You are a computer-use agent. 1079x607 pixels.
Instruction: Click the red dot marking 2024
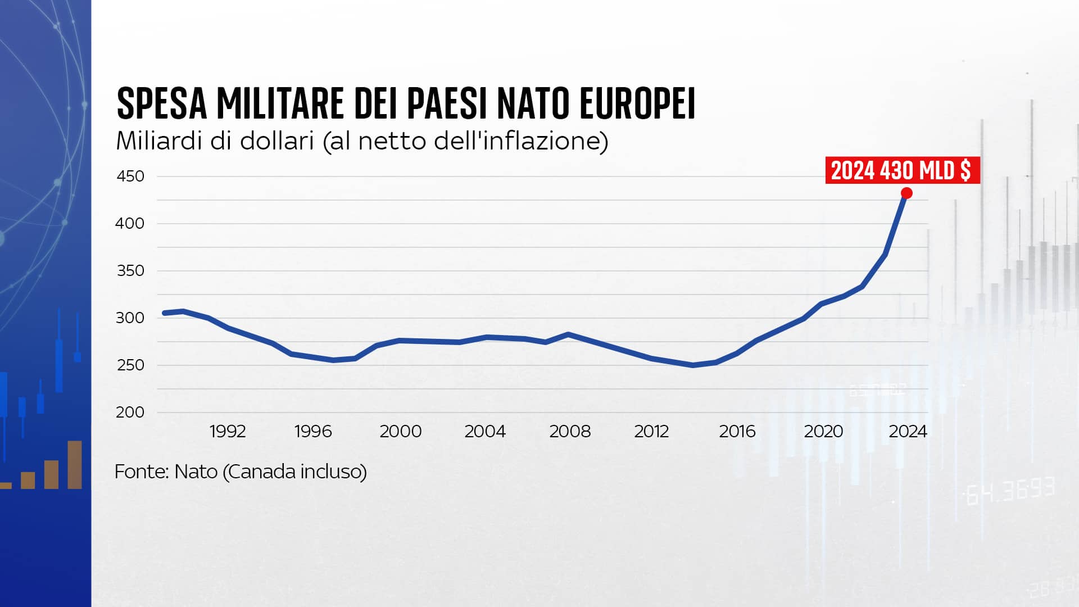pos(906,193)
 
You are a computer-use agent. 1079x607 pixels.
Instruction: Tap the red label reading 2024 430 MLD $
pos(901,170)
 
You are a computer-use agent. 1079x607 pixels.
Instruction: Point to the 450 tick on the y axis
pos(130,176)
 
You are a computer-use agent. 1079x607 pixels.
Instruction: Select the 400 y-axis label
pos(130,224)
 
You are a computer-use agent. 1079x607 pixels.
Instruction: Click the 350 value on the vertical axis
pos(130,271)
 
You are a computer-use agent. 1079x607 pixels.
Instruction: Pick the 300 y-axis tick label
pos(130,318)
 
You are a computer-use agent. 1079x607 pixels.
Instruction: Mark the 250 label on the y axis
pos(130,365)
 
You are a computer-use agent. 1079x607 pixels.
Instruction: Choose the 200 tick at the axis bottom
pos(130,413)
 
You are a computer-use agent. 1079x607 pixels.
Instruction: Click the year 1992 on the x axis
pos(228,432)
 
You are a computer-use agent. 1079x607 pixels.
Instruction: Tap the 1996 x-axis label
pos(313,432)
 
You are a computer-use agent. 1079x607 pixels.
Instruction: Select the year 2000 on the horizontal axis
pos(400,432)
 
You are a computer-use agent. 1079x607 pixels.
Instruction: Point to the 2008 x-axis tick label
pos(570,432)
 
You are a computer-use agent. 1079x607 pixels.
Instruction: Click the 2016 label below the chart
pos(737,432)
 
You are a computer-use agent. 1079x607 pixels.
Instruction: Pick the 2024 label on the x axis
pos(908,432)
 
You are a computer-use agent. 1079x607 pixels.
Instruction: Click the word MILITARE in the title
pos(279,104)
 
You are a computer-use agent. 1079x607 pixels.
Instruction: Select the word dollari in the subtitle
pos(276,141)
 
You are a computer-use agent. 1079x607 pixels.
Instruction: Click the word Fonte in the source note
pos(141,472)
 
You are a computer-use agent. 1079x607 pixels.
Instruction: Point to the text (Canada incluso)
pos(295,472)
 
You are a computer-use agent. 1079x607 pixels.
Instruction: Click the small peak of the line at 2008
pos(568,334)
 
